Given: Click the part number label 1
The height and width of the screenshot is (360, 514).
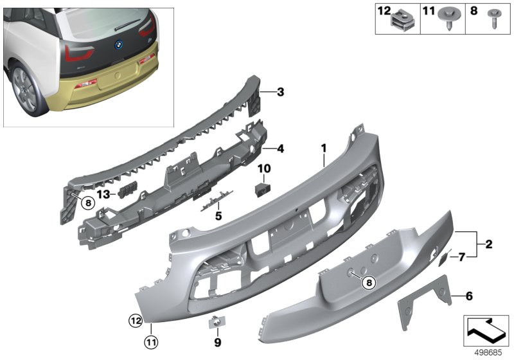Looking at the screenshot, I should [324, 148].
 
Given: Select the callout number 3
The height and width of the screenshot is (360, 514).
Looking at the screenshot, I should [280, 92].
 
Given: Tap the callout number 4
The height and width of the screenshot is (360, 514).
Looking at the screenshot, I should [280, 148].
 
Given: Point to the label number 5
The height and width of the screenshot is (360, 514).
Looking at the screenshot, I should [218, 217].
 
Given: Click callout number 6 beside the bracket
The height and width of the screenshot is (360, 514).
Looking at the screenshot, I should [469, 296].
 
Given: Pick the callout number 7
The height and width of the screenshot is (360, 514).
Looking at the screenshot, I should [461, 258].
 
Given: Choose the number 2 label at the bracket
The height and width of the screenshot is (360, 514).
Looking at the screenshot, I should [489, 244].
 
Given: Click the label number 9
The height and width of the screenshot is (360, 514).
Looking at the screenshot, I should [218, 341].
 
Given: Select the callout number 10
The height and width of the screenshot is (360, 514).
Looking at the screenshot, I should [264, 169].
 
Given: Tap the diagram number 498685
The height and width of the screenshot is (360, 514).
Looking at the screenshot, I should [489, 352].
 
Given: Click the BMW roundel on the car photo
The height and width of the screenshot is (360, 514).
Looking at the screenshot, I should [118, 46].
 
